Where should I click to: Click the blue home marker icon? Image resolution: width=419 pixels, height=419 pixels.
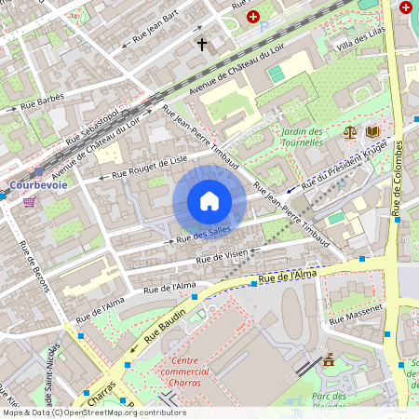209,200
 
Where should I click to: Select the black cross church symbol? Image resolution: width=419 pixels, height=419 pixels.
200,44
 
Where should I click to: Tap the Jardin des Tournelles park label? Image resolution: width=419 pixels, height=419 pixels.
302,137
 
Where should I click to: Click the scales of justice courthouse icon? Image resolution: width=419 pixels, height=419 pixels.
350,133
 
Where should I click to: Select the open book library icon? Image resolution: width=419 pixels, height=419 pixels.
372,133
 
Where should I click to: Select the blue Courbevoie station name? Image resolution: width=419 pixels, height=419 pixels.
35,184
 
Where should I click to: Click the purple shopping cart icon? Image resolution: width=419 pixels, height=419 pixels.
30,201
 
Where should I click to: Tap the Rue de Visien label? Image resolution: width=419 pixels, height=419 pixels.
223,255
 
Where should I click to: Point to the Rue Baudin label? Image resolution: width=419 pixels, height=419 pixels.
167,318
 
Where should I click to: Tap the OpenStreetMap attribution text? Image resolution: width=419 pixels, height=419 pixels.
93,412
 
